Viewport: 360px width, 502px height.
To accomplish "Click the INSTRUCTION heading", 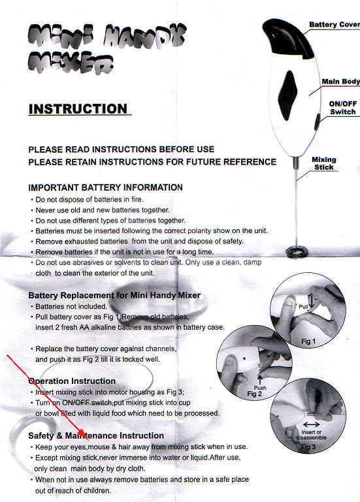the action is (x=78, y=109).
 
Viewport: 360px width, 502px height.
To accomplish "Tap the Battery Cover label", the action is (x=335, y=25).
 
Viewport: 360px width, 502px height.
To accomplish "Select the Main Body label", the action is (x=341, y=82).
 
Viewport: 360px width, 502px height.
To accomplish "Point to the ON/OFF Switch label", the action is (x=343, y=108).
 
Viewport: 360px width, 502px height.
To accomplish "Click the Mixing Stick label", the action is (x=324, y=163).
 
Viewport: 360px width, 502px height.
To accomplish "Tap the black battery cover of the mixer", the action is (x=288, y=38).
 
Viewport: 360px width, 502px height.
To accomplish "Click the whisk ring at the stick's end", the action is (x=297, y=251).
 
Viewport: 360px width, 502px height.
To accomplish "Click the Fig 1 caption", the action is (x=308, y=341).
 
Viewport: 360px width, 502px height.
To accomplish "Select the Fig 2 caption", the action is (x=254, y=394).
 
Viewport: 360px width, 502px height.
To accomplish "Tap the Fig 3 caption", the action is (x=308, y=447).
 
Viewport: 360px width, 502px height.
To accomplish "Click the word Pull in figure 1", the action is (x=303, y=307).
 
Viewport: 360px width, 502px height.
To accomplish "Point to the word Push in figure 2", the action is (x=260, y=388).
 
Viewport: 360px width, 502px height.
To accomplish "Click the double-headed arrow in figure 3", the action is (x=311, y=424).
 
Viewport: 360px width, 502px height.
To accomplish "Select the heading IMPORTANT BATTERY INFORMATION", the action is (x=105, y=187).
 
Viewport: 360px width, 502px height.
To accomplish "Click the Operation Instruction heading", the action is (x=72, y=381).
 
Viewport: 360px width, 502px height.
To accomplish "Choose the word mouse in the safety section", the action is (x=99, y=447).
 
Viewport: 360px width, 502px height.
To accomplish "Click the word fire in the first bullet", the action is (x=137, y=200).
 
